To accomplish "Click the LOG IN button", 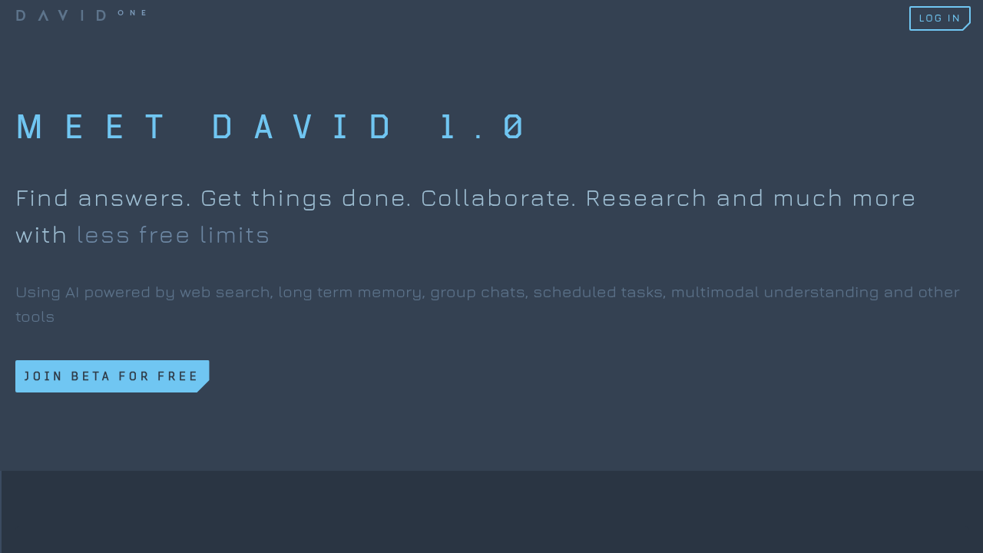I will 939,18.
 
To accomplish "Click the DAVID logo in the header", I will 61,15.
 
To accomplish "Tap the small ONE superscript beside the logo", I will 132,12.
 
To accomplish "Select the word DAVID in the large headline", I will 303,127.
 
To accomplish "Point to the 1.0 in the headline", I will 482,127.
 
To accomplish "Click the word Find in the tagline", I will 42,198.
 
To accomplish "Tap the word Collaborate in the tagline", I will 498,198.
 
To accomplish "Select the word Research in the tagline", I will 646,198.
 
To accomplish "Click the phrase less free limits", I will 173,235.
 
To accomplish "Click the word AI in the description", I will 72,293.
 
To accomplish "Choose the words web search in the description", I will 225,293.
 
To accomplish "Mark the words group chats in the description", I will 478,293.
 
